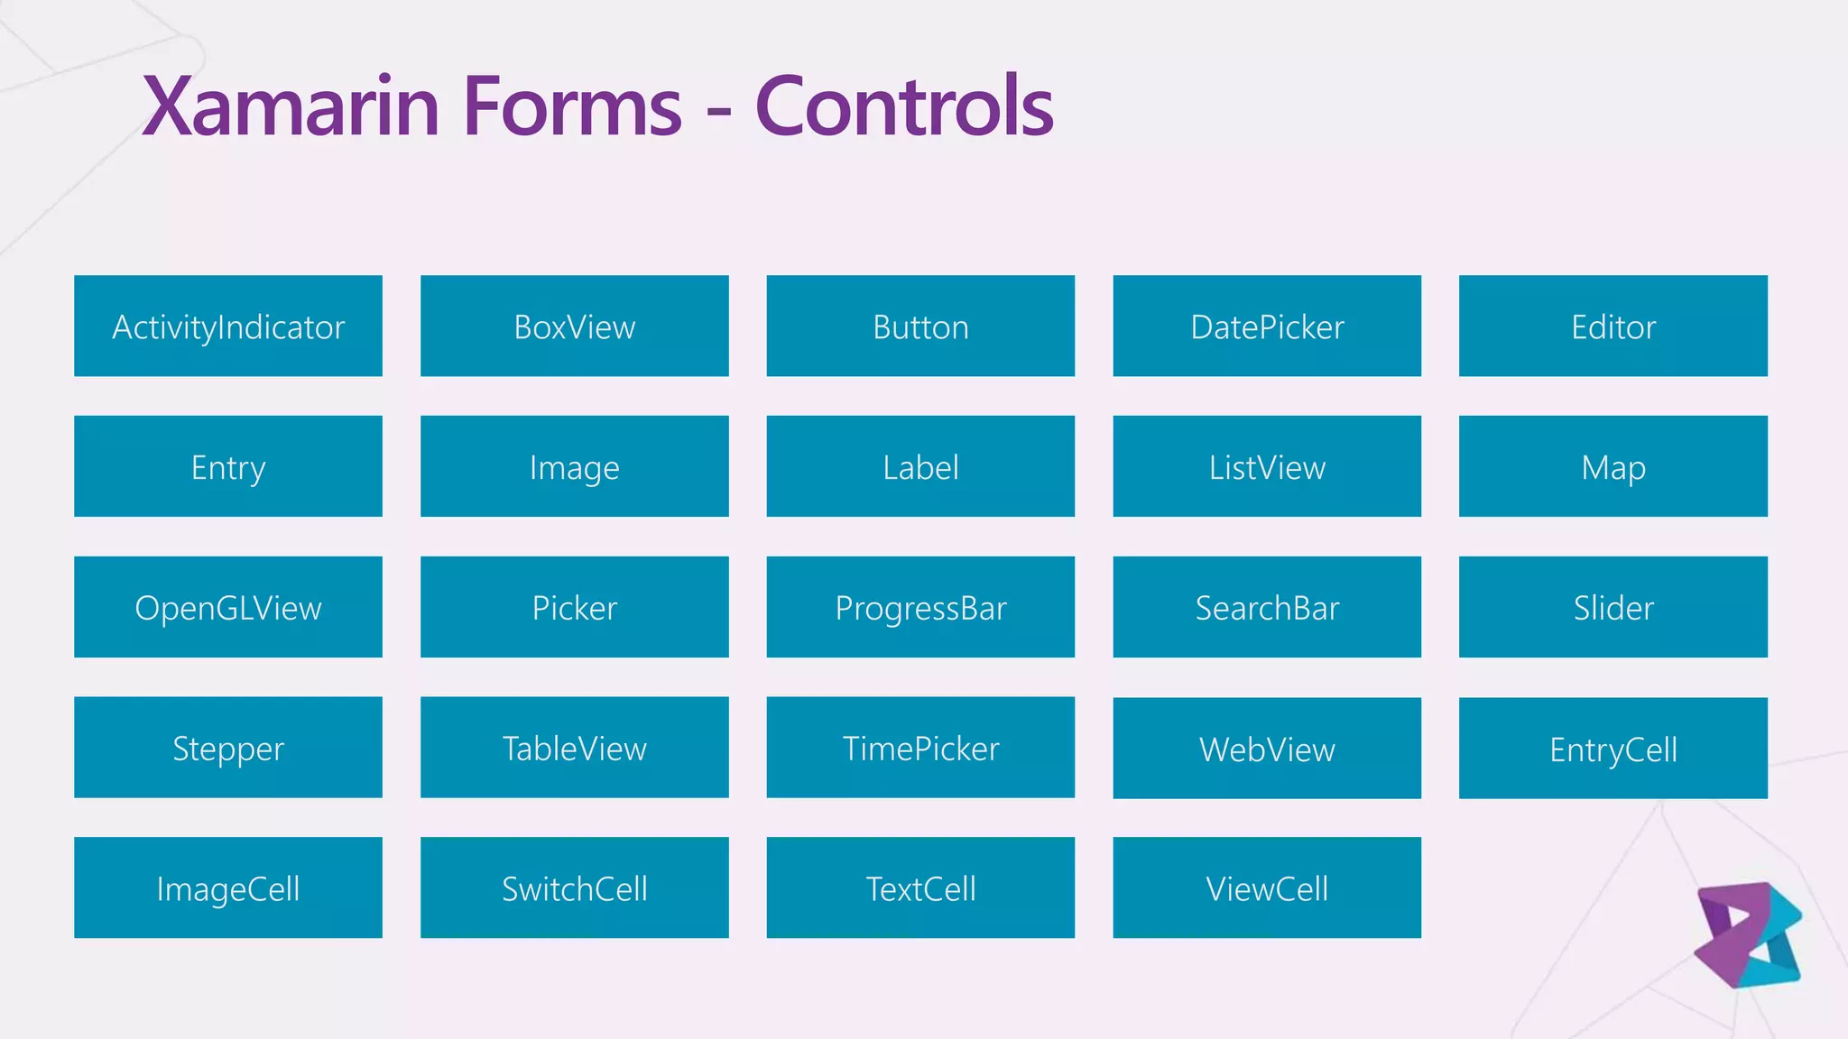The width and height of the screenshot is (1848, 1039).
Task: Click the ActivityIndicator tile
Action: point(228,326)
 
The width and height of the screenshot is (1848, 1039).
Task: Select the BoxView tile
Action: point(575,326)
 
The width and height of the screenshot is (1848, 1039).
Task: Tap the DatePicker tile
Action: point(1267,326)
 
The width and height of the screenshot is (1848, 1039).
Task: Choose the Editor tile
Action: point(1613,326)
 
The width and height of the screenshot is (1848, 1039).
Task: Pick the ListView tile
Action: point(1267,466)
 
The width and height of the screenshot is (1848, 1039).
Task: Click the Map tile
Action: point(1613,466)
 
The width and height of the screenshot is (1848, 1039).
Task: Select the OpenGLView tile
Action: point(228,607)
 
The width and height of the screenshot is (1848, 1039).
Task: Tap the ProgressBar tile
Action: point(920,607)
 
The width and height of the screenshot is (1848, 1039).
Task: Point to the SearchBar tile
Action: point(1267,607)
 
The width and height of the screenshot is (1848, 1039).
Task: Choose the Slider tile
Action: point(1613,607)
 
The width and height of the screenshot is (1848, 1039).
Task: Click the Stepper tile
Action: point(228,748)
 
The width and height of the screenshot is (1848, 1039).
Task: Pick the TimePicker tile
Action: point(920,748)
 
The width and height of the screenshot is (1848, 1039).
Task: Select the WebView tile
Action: point(1267,749)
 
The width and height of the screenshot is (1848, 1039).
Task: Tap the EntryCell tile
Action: point(1613,749)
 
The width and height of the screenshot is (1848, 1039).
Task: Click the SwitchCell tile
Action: point(575,888)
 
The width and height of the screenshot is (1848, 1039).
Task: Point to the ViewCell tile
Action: point(1267,888)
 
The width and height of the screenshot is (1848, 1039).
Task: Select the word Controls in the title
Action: point(904,106)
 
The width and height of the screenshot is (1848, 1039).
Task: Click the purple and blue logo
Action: point(1748,935)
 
